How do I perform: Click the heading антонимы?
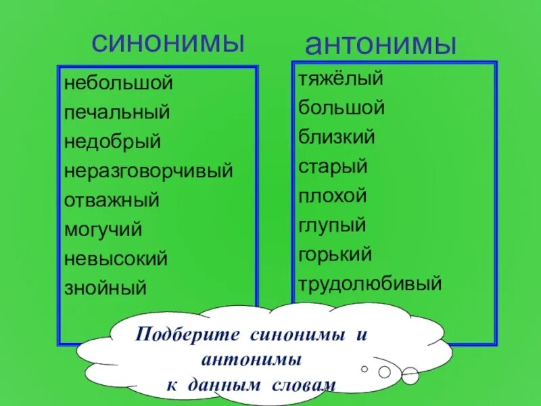381,45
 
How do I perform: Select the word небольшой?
119,84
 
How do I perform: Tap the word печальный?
117,113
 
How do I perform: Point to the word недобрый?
112,142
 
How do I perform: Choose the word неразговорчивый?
149,171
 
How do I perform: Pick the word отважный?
112,200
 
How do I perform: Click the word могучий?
103,229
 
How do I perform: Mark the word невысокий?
116,258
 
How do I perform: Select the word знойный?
105,288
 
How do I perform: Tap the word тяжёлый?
340,79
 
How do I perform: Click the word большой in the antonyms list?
342,108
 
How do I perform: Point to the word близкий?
336,137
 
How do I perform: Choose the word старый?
332,166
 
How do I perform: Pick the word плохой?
332,196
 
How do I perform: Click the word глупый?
331,225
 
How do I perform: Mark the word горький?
335,254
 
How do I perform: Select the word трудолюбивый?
370,284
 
